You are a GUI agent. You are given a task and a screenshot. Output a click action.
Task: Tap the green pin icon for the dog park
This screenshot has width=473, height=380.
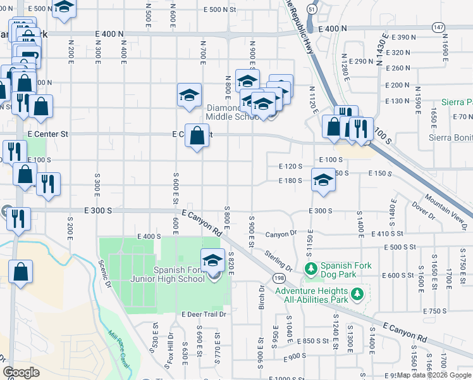tap(310, 270)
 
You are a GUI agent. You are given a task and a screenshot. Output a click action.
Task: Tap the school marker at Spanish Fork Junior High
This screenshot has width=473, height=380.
tap(212, 260)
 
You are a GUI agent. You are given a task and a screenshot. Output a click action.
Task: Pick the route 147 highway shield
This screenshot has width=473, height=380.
tap(438, 28)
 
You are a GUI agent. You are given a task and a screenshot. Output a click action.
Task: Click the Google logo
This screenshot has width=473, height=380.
tap(21, 372)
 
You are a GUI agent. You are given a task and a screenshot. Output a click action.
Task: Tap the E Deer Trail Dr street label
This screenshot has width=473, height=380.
tap(204, 314)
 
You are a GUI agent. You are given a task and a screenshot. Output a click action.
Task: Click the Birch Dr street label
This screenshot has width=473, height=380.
tap(261, 297)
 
